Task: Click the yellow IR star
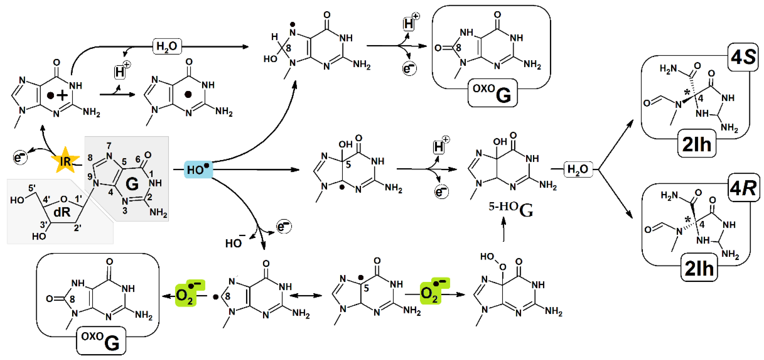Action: (65, 161)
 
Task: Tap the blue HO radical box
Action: (198, 169)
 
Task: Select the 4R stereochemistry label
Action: (743, 187)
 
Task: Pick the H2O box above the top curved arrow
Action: (167, 46)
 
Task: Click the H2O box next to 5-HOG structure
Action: (578, 169)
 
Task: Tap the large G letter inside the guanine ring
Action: (132, 184)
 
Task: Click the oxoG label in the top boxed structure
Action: (492, 93)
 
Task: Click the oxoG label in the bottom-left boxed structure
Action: (101, 341)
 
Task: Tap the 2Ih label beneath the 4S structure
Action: (697, 144)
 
